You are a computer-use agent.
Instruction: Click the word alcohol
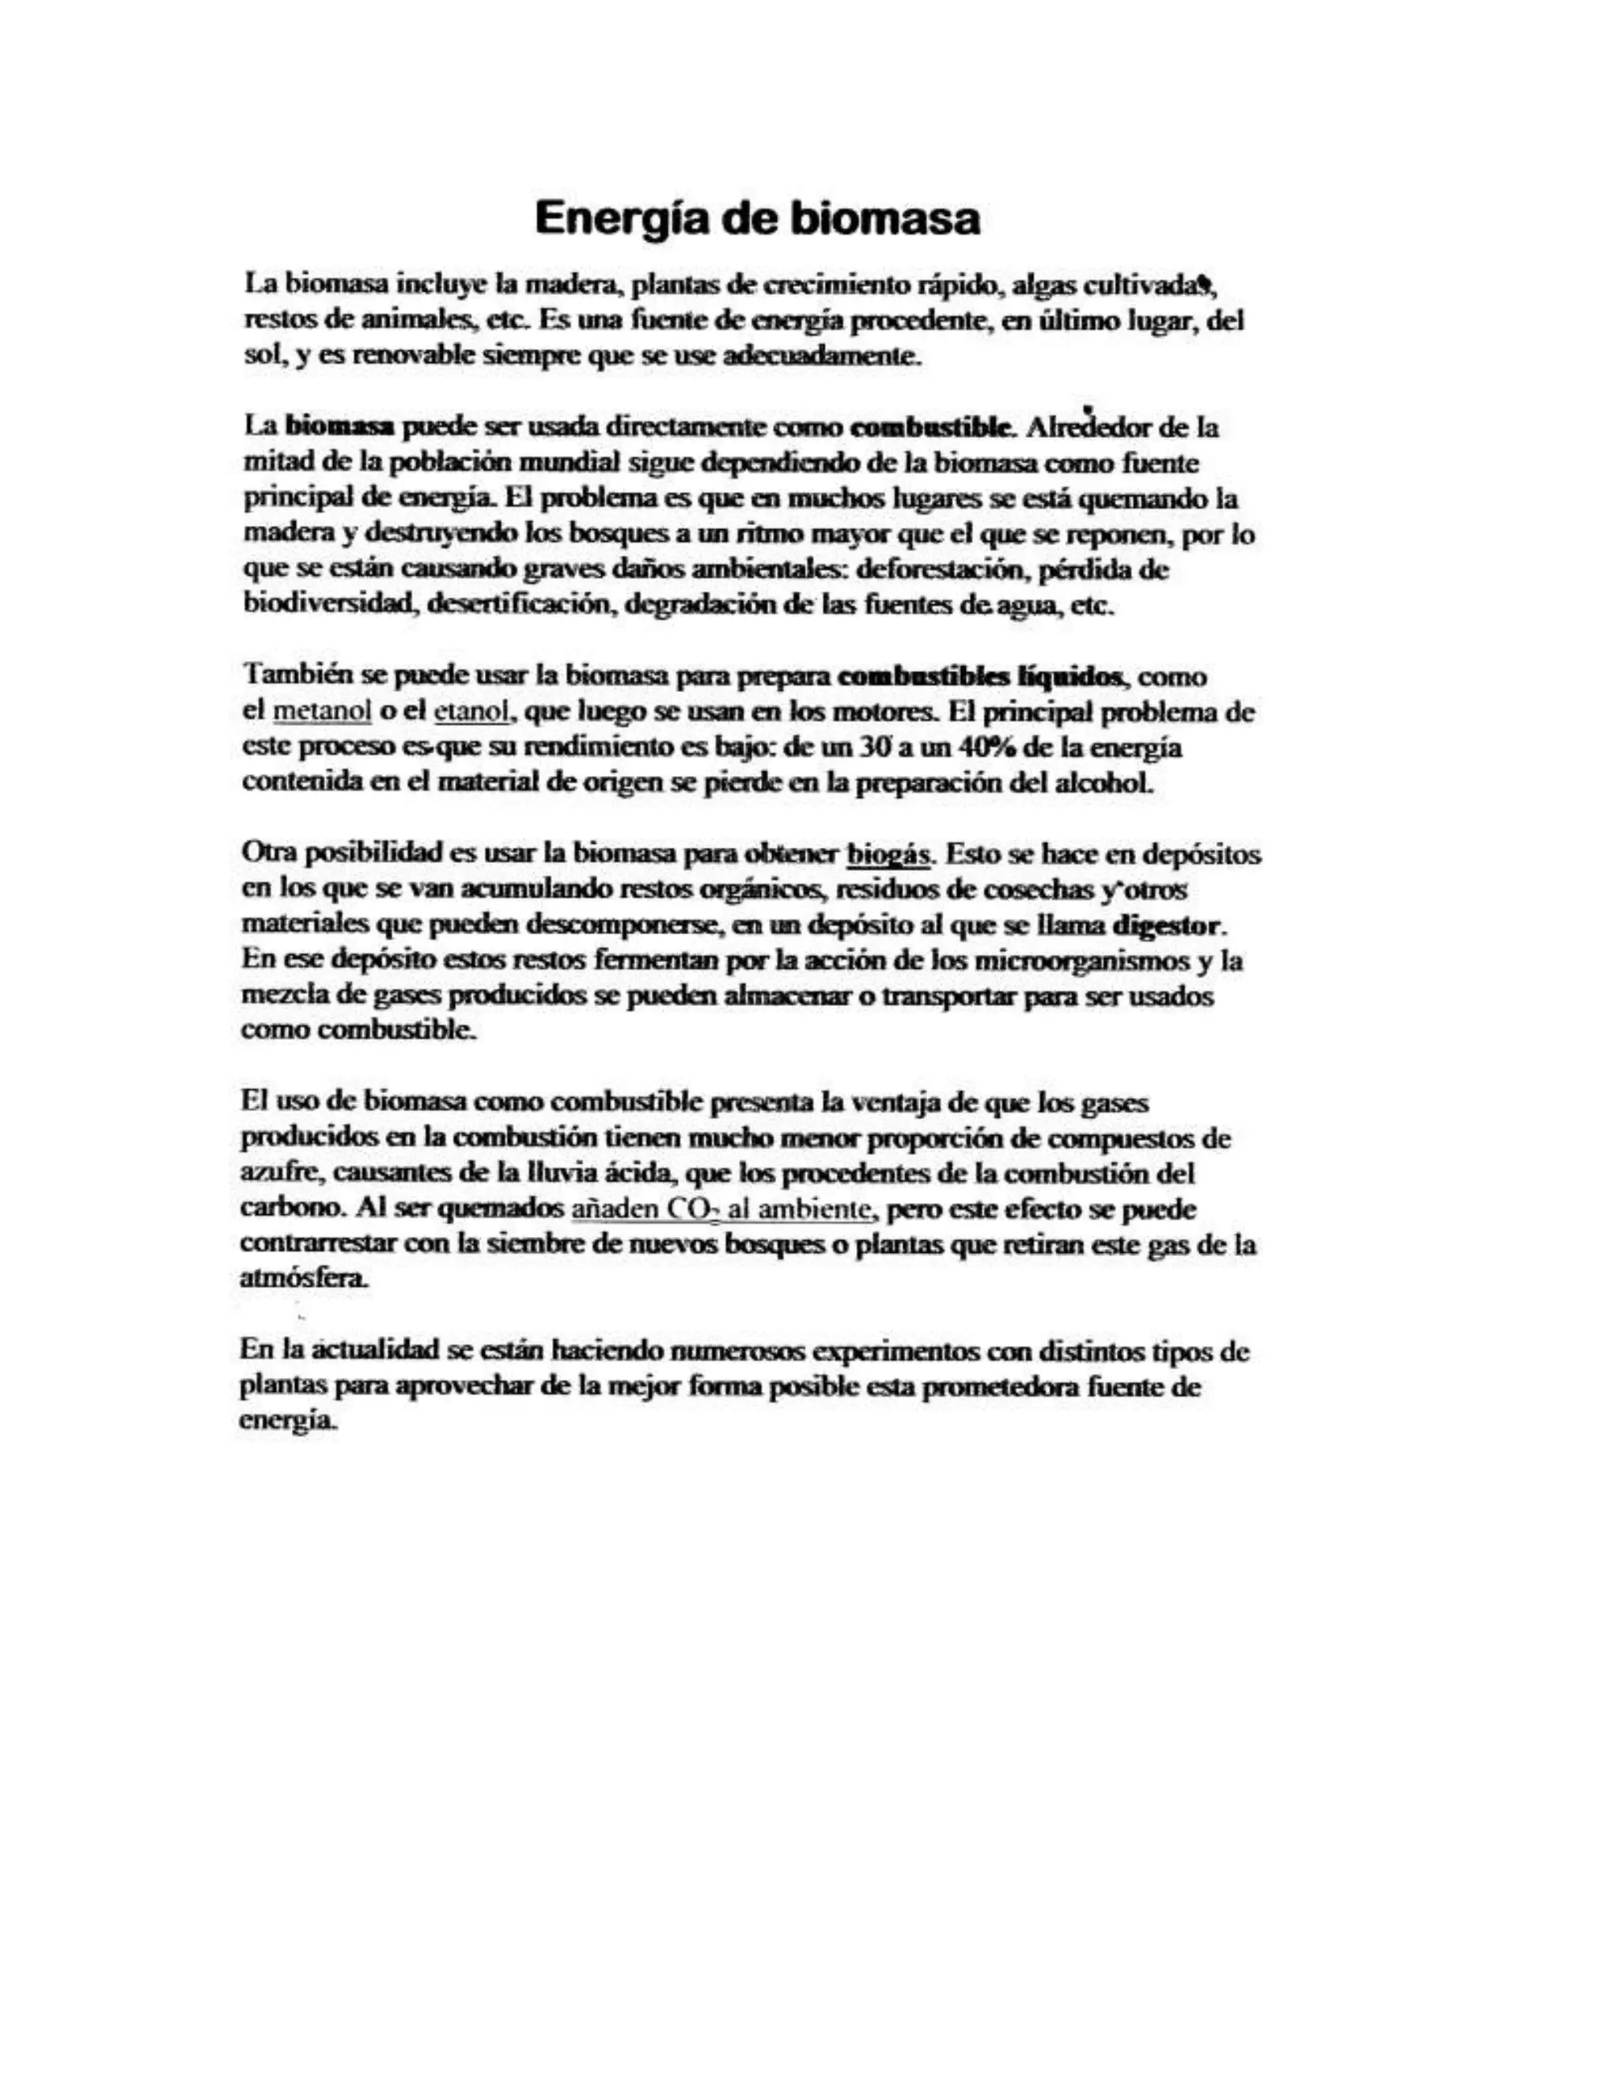[1103, 782]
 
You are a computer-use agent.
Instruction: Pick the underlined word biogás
[888, 853]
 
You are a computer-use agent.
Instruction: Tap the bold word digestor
[1167, 925]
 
